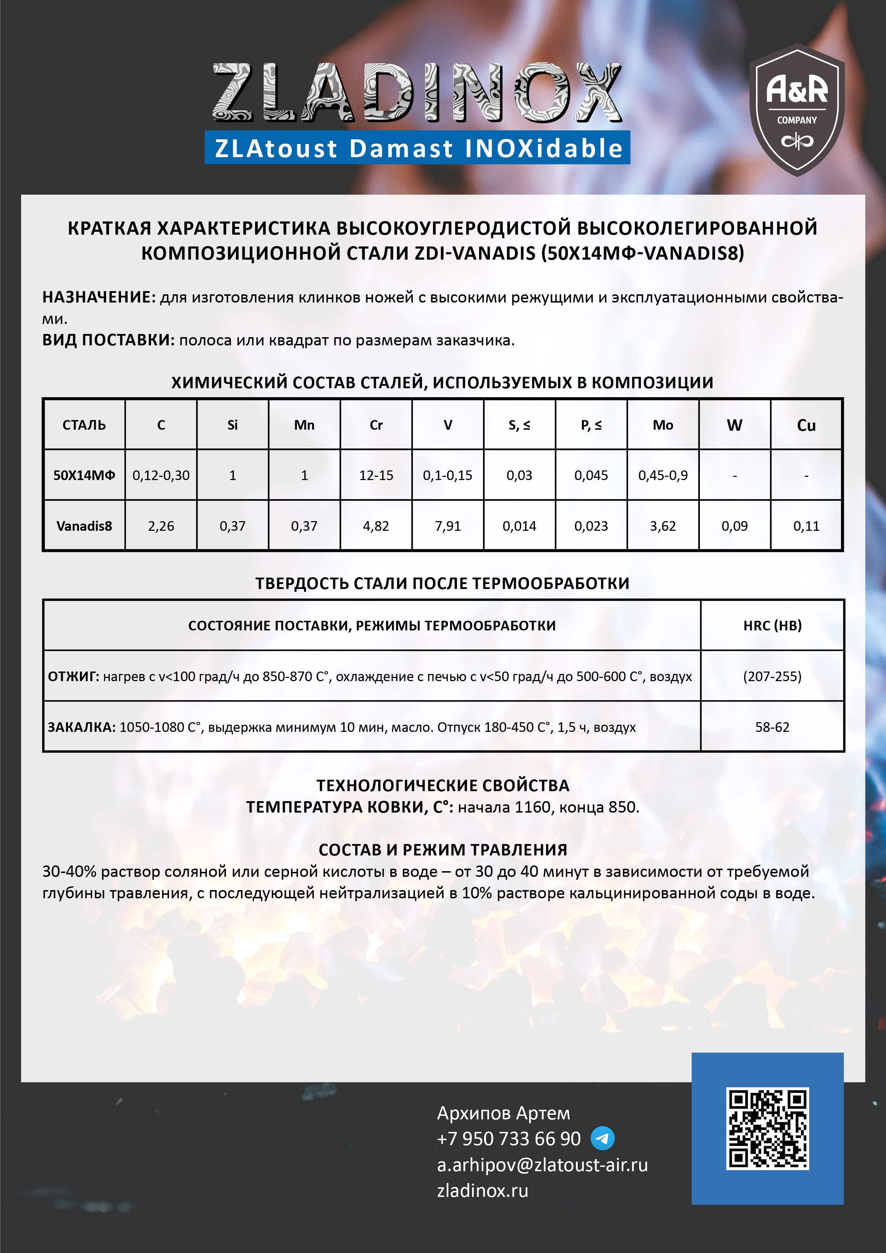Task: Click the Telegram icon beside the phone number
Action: point(603,1138)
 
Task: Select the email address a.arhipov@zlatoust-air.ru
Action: point(542,1164)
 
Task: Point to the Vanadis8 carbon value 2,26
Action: point(161,526)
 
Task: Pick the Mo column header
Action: point(663,425)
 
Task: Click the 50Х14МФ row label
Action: point(84,475)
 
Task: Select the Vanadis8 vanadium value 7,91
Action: point(448,526)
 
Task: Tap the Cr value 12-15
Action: point(376,475)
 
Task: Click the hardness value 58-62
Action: point(772,727)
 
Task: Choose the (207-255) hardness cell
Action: point(772,677)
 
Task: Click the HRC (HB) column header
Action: point(772,625)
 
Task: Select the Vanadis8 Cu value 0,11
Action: point(806,526)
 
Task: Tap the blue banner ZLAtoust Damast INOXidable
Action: point(418,148)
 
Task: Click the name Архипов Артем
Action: point(503,1113)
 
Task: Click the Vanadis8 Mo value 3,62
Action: point(663,526)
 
